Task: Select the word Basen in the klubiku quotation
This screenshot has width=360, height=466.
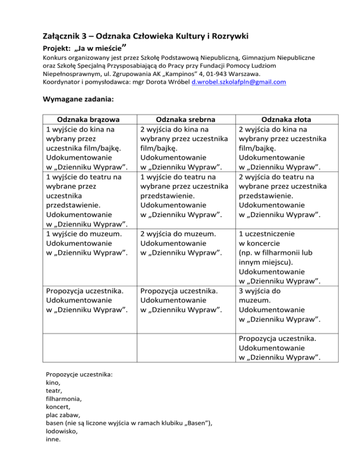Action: coord(197,424)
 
